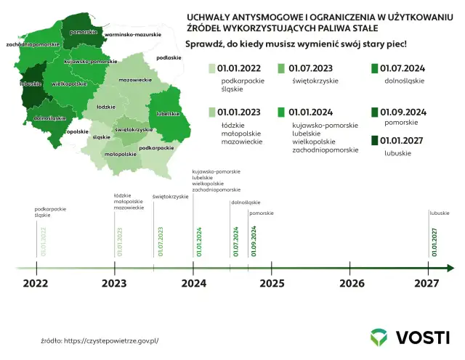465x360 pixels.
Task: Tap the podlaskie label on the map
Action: [169, 57]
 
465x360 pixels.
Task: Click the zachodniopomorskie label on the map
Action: [31, 44]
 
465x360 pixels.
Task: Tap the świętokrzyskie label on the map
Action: [133, 128]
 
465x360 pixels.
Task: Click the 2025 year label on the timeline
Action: [272, 284]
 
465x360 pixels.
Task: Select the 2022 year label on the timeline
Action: [35, 284]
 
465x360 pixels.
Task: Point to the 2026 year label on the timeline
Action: [352, 284]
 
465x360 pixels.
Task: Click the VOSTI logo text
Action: [422, 337]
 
